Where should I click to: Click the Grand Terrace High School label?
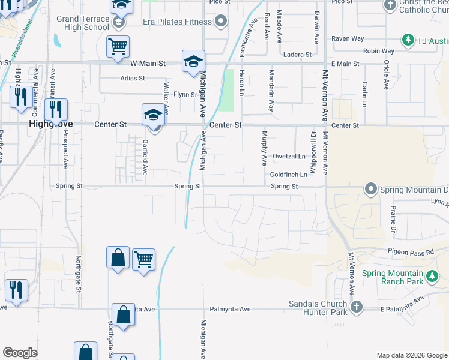[x=83, y=23]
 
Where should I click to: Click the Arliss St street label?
[x=133, y=78]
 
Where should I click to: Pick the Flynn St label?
[x=185, y=95]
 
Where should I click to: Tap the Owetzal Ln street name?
[x=289, y=157]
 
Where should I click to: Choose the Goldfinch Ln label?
[x=289, y=175]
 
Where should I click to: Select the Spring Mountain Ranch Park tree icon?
[x=432, y=277]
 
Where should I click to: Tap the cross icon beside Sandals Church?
[x=356, y=307]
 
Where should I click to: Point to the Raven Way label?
[x=348, y=38]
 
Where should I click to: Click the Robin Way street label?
[x=379, y=52]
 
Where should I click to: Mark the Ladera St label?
[x=298, y=55]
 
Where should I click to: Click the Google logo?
[x=20, y=353]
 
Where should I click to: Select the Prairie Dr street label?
[x=393, y=220]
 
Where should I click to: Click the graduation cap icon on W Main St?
[x=193, y=61]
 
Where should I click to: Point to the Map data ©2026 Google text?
[x=411, y=355]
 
